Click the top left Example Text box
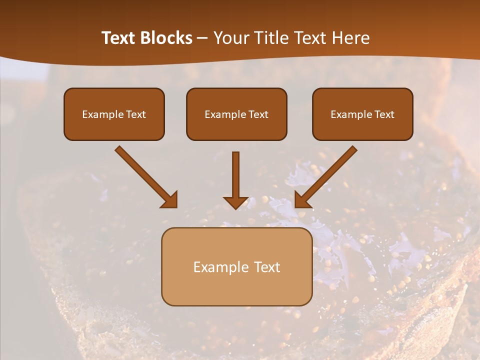tap(114, 114)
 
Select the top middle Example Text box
tap(236, 114)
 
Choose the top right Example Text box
tap(362, 114)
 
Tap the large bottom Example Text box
tap(236, 266)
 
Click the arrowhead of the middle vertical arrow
tap(235, 202)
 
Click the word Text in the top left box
tap(136, 114)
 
